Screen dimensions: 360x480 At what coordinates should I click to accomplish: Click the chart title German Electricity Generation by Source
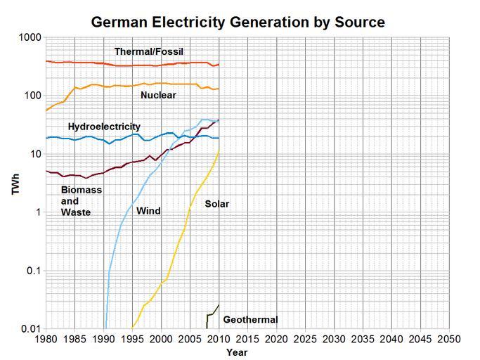click(x=238, y=22)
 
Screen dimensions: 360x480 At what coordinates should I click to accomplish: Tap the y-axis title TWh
click(x=15, y=183)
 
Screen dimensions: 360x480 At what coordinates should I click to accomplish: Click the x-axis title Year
click(x=237, y=352)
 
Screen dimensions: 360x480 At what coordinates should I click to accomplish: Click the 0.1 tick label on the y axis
click(x=32, y=271)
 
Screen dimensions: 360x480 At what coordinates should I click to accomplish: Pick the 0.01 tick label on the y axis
click(x=30, y=329)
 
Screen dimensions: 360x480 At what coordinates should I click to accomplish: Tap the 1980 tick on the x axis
click(x=46, y=339)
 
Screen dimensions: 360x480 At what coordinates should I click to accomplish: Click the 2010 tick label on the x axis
click(x=219, y=339)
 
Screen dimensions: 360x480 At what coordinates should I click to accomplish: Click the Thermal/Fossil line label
click(x=149, y=51)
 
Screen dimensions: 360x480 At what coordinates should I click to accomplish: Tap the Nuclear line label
click(x=158, y=95)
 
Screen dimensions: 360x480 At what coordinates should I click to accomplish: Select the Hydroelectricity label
click(x=104, y=127)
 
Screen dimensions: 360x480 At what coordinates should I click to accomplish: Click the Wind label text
click(x=148, y=211)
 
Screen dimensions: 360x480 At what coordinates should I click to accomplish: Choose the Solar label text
click(x=217, y=204)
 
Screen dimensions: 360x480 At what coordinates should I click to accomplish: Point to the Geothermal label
click(x=250, y=320)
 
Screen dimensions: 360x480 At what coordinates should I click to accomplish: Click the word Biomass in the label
click(x=82, y=190)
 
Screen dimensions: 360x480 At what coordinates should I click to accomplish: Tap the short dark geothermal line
click(x=212, y=314)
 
